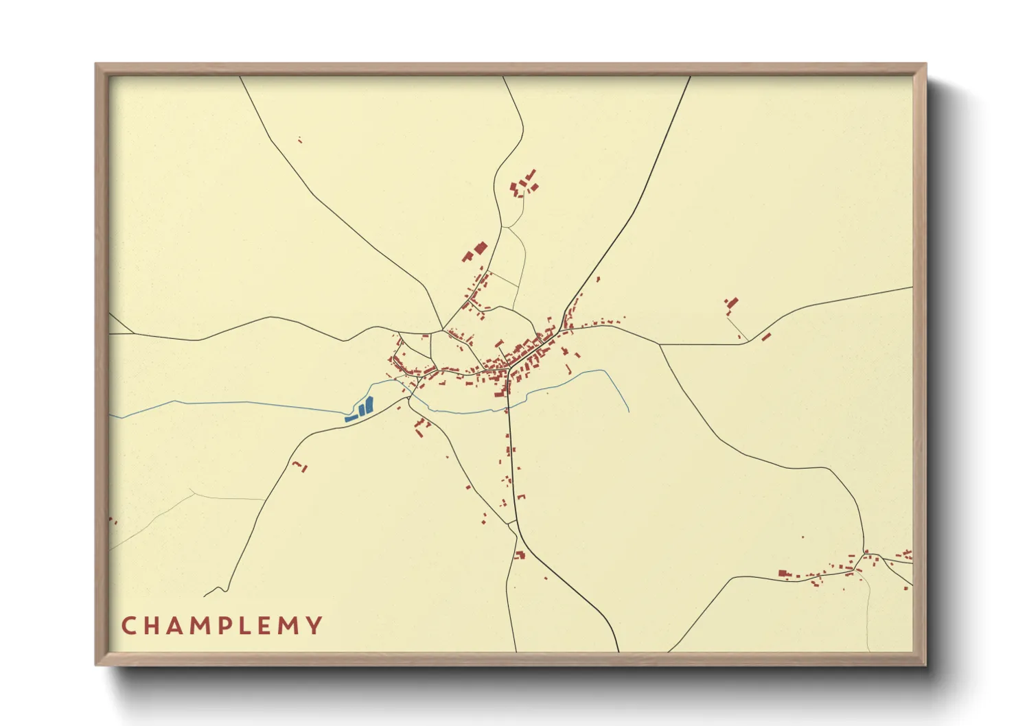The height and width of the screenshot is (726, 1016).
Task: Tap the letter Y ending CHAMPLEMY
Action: click(x=314, y=625)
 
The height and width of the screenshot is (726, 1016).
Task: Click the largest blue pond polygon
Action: click(x=369, y=405)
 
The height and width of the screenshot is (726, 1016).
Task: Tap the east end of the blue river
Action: click(x=629, y=411)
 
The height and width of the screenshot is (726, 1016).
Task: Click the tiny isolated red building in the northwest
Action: click(x=300, y=141)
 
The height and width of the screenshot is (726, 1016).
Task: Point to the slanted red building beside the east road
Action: click(x=766, y=336)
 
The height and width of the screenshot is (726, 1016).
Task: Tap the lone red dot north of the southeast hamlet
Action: click(x=803, y=537)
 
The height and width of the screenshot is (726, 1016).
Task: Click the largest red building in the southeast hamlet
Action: click(x=783, y=573)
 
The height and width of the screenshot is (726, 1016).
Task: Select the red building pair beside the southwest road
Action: click(x=301, y=467)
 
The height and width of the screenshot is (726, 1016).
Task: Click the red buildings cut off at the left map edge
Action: click(x=112, y=522)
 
